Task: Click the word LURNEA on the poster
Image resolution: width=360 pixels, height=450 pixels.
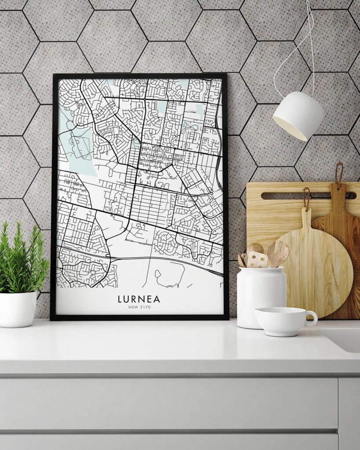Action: (139, 299)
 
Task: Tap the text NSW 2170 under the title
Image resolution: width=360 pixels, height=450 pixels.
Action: (139, 307)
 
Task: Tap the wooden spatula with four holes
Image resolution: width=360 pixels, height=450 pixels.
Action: (258, 259)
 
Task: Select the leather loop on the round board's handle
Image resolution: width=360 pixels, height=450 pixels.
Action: (307, 196)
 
